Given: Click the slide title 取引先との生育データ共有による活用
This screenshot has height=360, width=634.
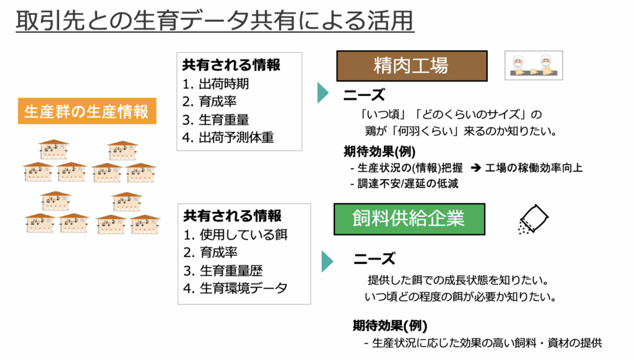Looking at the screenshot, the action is tap(215, 20).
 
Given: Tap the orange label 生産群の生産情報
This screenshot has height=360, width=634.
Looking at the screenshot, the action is tap(87, 112).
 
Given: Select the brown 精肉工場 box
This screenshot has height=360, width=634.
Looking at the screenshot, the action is tap(412, 66).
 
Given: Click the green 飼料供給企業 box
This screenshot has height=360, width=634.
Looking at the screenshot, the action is tap(409, 219).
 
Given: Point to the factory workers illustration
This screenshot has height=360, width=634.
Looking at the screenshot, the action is tap(533, 66).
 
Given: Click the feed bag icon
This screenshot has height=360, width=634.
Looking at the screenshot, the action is tap(533, 219).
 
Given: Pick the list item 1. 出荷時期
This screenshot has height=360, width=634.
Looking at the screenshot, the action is tap(215, 84).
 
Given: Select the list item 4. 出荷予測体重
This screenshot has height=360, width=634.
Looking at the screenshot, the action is tap(228, 138).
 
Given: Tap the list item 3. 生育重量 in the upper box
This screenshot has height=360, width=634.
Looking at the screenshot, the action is tap(215, 120).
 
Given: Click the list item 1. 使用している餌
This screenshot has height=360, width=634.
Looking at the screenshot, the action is tap(235, 235).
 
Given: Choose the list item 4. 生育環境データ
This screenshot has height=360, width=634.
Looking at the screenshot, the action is tap(235, 288).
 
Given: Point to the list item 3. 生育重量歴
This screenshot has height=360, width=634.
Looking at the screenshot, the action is tap(223, 270).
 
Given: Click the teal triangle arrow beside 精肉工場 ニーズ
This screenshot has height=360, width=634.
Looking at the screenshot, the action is tap(323, 92).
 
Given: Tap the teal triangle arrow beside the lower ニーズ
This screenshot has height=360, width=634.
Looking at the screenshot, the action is tap(327, 261).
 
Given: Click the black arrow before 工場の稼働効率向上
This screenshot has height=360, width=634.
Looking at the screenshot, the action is tap(475, 167).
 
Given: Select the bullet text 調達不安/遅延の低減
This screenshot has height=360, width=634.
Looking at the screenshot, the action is tap(404, 183).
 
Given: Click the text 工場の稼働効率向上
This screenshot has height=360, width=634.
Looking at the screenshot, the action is tap(534, 167).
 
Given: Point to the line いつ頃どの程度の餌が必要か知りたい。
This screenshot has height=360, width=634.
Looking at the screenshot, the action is tap(461, 297).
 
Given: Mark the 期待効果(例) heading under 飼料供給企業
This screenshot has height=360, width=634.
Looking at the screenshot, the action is tap(390, 325).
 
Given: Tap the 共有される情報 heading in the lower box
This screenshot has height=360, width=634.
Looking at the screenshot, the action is tap(233, 216).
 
